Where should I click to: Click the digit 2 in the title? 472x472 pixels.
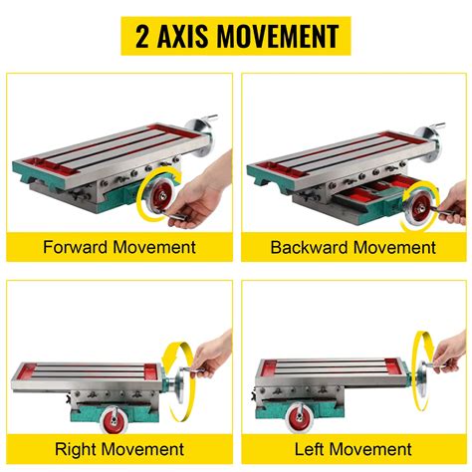(140, 37)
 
